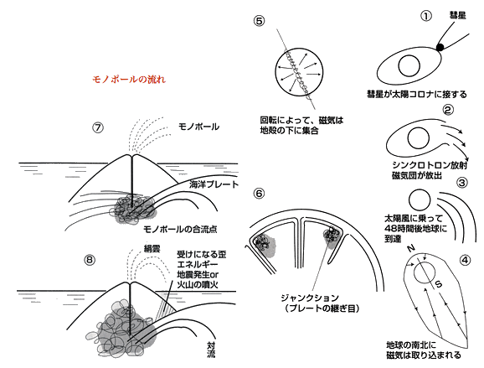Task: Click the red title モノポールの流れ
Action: click(129, 80)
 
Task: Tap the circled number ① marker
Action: click(426, 15)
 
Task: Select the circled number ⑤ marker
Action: click(260, 21)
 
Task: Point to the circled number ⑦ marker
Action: click(98, 127)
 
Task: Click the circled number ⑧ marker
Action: click(90, 260)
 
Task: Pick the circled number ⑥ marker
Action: click(259, 194)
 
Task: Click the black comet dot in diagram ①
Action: click(440, 47)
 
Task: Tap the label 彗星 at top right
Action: click(457, 15)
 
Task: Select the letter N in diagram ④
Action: click(410, 248)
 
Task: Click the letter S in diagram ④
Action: click(439, 283)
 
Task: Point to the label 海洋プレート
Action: click(214, 184)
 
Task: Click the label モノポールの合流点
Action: click(180, 229)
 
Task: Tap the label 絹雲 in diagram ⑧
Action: click(152, 248)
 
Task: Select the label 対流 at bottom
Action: click(211, 350)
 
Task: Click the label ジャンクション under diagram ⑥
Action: click(310, 298)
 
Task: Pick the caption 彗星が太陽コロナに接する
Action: click(417, 94)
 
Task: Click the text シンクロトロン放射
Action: click(430, 165)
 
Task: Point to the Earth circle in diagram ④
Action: click(425, 262)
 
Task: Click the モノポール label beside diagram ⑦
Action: click(198, 127)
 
